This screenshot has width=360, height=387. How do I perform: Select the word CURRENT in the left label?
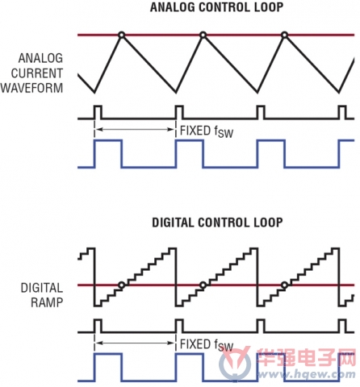pyautogui.click(x=37, y=73)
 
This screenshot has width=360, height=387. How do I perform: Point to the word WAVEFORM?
pyautogui.click(x=31, y=88)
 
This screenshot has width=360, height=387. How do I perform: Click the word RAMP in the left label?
pyautogui.click(x=47, y=302)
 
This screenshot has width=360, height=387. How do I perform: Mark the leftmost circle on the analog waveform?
pyautogui.click(x=122, y=35)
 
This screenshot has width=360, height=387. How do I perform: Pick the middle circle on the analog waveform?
pyautogui.click(x=203, y=35)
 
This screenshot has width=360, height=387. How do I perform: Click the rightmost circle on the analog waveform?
pyautogui.click(x=284, y=35)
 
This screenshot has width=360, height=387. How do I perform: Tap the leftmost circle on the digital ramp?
pyautogui.click(x=122, y=285)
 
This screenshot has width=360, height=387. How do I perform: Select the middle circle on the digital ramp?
pyautogui.click(x=203, y=285)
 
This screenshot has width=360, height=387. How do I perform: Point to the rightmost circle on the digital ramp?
pyautogui.click(x=284, y=285)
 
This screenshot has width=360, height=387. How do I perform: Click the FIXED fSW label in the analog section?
pyautogui.click(x=207, y=131)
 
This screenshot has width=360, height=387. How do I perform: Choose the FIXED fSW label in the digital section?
pyautogui.click(x=207, y=345)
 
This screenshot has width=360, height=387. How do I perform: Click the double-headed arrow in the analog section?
pyautogui.click(x=135, y=130)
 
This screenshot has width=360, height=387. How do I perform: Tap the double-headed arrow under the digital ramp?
pyautogui.click(x=135, y=343)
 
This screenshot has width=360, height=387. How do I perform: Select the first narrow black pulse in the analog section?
pyautogui.click(x=98, y=112)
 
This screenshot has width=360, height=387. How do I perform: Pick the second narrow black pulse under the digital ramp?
pyautogui.click(x=179, y=326)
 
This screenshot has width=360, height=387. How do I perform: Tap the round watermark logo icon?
pyautogui.click(x=235, y=364)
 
